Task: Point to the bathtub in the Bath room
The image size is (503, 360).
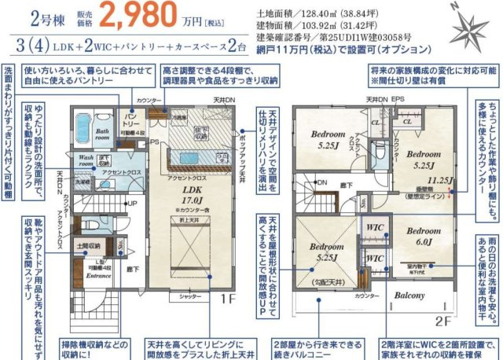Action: pos(83,127)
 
